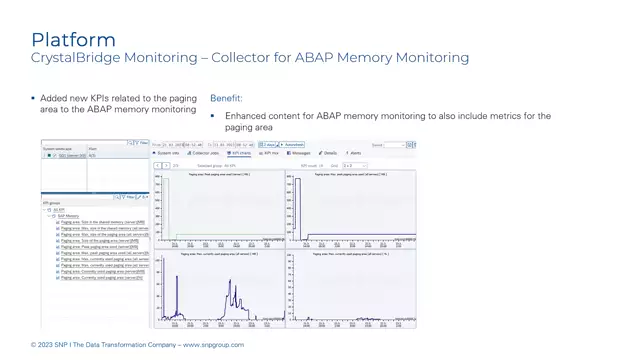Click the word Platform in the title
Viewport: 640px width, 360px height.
coord(73,40)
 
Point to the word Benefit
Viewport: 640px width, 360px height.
coord(226,99)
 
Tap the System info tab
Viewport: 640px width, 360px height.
coord(167,153)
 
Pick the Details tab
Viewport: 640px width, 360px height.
coord(328,153)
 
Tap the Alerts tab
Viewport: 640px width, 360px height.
coord(354,153)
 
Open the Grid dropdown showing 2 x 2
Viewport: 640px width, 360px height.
coord(354,165)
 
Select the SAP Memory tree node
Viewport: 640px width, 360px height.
coord(68,216)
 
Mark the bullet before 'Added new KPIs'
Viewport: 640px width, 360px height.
coord(33,99)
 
